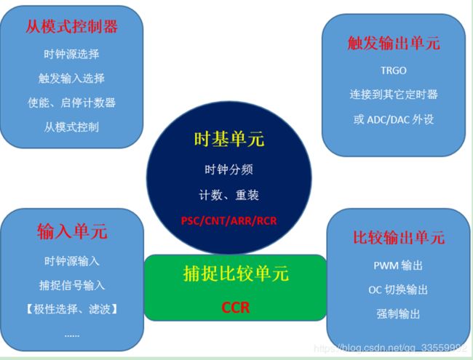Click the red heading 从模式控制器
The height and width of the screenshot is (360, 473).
71,26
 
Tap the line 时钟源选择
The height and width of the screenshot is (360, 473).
71,55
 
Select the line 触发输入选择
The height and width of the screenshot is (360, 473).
71,79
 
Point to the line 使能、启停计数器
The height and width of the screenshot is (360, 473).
71,103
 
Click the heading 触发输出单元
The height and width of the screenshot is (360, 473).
394,43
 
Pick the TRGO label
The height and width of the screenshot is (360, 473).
394,71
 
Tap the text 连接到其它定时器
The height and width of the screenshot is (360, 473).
394,95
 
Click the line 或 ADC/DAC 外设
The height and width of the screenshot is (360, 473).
394,120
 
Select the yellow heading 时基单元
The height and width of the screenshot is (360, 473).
229,140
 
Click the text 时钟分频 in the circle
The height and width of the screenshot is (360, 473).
229,169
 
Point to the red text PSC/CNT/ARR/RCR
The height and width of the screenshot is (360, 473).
229,220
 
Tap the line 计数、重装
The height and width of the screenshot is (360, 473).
229,195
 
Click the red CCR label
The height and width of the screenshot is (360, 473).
235,308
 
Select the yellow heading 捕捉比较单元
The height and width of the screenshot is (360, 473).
236,273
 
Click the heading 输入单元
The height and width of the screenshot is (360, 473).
72,231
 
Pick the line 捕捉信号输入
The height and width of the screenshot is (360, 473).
72,285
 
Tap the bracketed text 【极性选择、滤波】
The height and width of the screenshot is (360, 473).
72,309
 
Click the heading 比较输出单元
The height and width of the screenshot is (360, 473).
399,237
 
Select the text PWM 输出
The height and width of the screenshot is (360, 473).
399,265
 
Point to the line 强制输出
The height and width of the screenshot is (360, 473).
399,314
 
